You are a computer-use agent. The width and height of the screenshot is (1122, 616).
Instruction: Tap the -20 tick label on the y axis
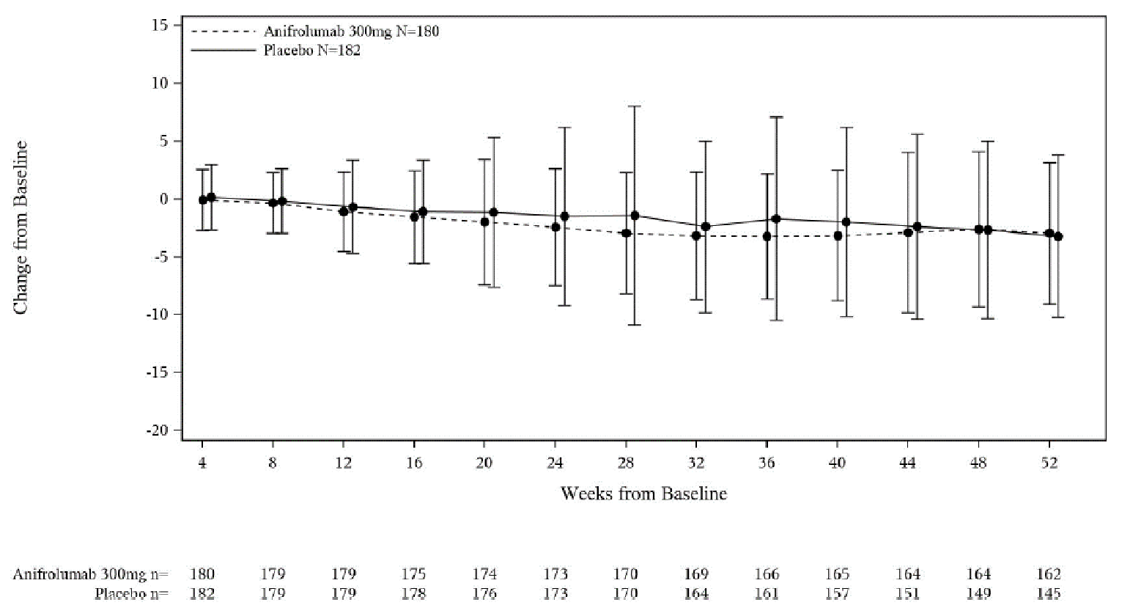click(157, 430)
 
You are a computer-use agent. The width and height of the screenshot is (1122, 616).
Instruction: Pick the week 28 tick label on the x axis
click(626, 463)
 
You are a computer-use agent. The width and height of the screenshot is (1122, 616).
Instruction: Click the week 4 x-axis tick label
click(202, 463)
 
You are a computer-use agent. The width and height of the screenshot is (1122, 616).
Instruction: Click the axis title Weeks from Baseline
click(643, 494)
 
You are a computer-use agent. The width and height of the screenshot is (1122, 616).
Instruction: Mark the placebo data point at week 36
click(775, 219)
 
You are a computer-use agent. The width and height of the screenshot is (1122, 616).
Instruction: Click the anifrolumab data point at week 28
click(626, 233)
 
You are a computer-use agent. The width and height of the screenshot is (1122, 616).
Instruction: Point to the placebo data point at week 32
click(705, 227)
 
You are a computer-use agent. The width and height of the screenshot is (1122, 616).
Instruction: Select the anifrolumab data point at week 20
click(484, 221)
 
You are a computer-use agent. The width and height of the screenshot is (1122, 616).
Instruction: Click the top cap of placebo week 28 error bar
click(635, 106)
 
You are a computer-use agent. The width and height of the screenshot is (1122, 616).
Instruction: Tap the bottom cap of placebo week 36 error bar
click(775, 320)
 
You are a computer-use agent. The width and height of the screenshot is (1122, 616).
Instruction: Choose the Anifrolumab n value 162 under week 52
click(1049, 574)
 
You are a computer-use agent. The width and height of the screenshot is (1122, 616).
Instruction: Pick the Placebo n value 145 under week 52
click(1049, 593)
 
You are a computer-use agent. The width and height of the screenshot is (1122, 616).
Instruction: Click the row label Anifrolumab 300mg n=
click(90, 574)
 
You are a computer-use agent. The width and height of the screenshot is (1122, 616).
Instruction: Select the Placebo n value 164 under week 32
click(696, 593)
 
